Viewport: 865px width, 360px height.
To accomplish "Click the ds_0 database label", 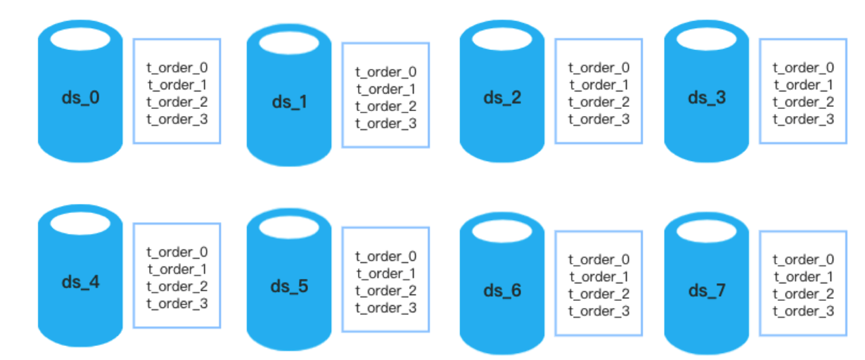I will click(79, 97).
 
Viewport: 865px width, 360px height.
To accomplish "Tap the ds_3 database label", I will click(706, 97).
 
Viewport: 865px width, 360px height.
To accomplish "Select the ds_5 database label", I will click(289, 287).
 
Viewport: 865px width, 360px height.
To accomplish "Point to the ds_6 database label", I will click(502, 290).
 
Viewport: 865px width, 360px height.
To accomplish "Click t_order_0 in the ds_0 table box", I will click(177, 68).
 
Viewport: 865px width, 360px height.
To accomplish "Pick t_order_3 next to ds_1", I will click(385, 124).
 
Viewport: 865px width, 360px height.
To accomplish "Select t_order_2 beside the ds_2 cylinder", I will click(599, 102).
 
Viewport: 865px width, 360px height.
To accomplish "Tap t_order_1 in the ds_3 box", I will click(804, 85).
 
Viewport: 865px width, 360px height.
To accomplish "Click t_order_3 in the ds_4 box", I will click(177, 304).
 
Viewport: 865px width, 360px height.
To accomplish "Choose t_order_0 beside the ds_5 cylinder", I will click(385, 257).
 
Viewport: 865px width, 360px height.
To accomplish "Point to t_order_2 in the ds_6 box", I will click(599, 294).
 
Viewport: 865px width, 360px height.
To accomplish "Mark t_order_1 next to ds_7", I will click(804, 277).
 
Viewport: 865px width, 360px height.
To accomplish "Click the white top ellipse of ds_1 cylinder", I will click(289, 43).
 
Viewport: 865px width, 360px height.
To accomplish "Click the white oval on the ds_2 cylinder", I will click(501, 39).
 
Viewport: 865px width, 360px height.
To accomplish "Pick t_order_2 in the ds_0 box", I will click(177, 102).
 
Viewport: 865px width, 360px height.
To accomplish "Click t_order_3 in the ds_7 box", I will click(804, 311).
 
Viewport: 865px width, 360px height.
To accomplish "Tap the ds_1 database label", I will click(289, 102).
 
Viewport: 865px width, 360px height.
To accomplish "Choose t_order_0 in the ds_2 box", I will click(599, 68).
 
